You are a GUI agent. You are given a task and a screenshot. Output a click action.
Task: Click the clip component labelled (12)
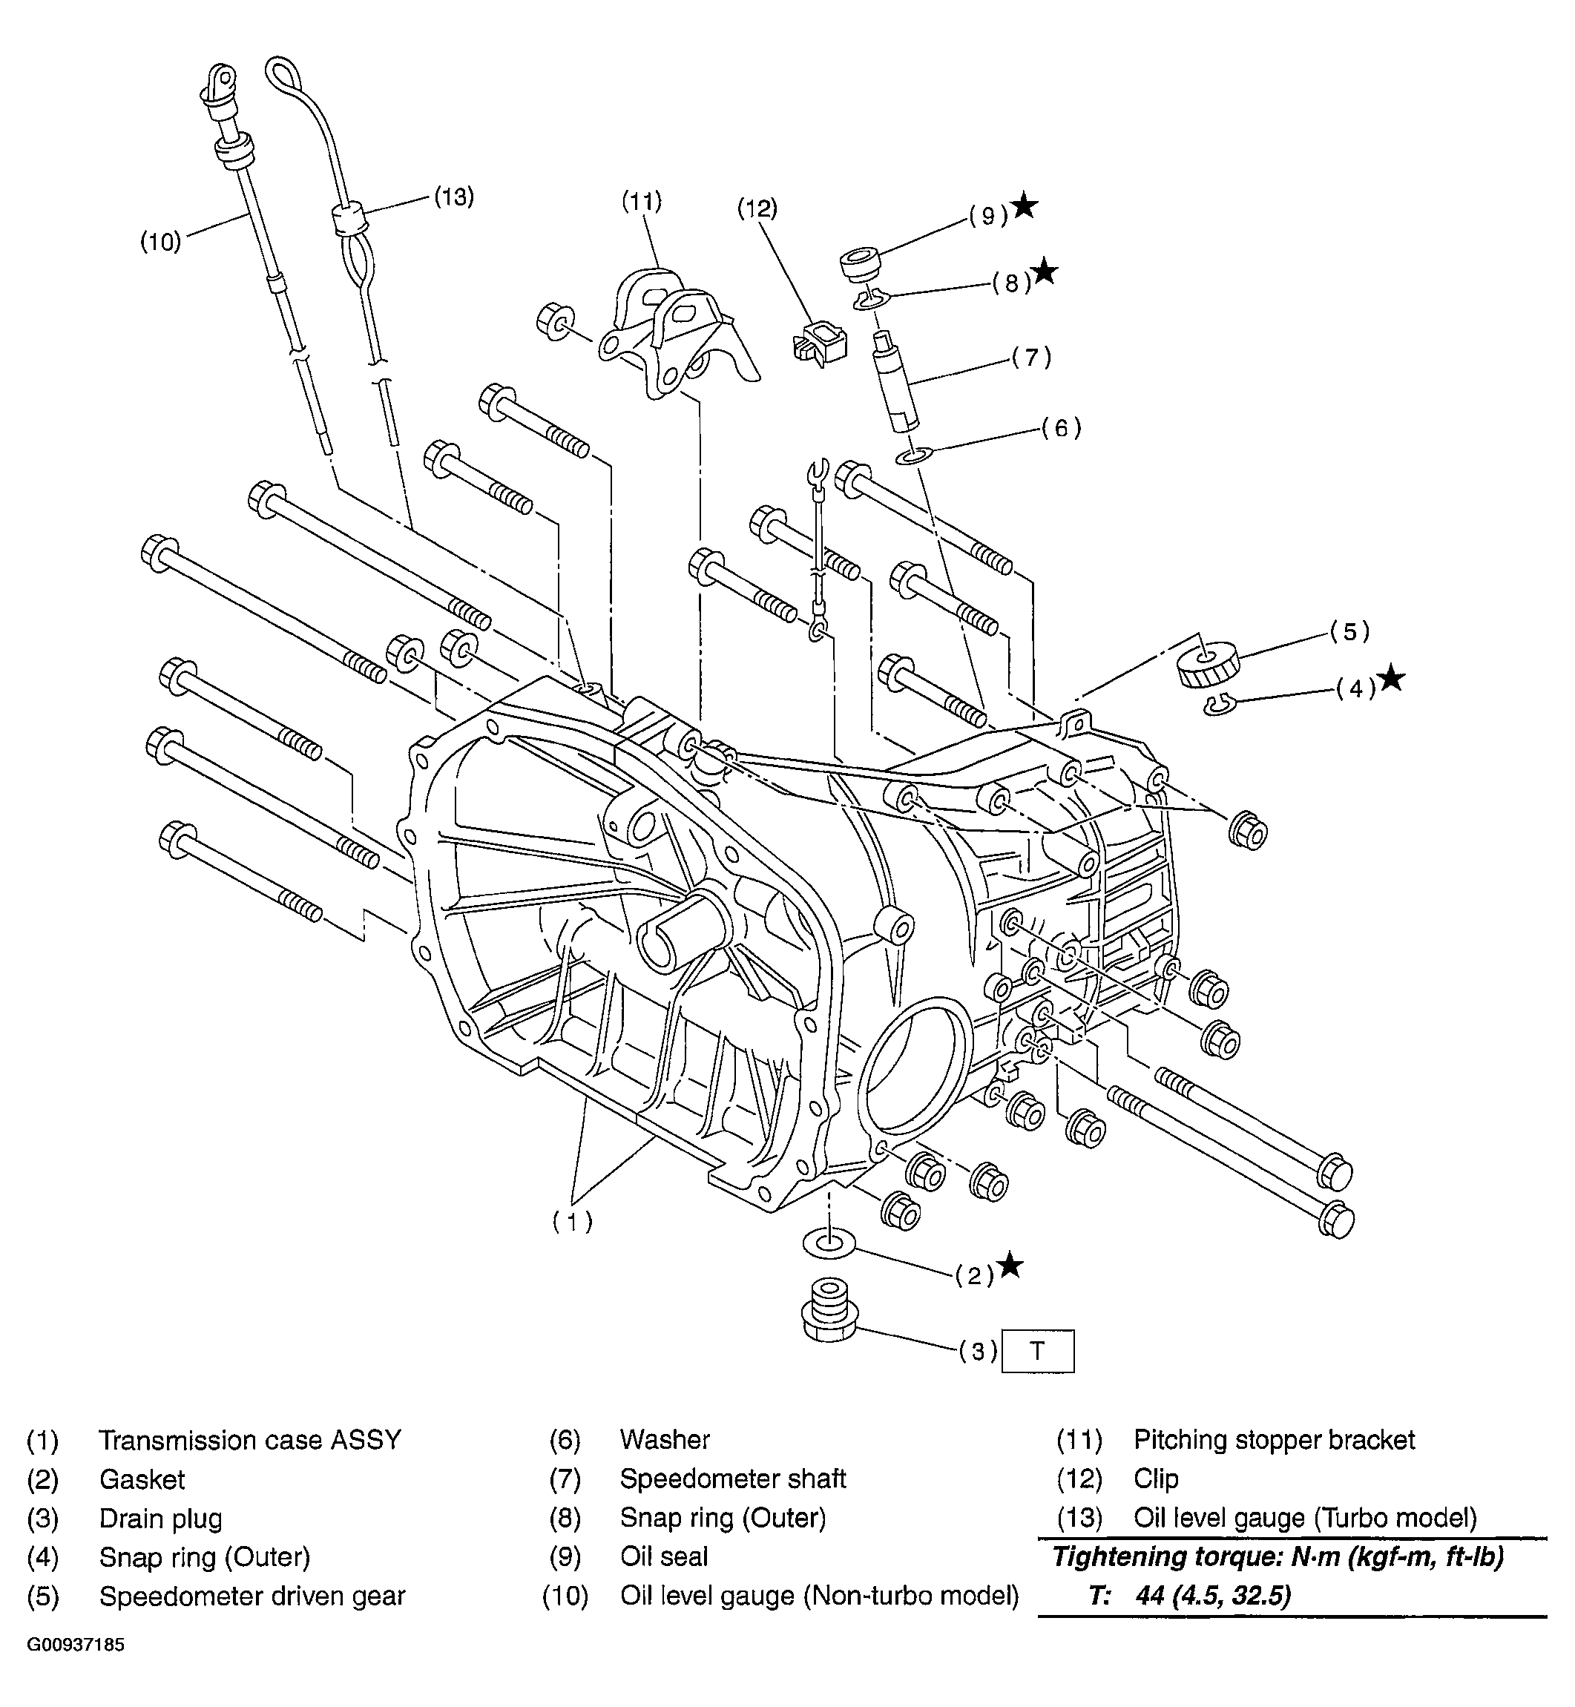(x=820, y=342)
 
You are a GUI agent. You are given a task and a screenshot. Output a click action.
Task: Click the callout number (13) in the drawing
(x=453, y=197)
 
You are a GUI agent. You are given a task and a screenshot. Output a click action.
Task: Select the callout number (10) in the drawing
(x=161, y=242)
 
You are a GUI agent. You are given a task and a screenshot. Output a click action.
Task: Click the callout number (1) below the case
(x=572, y=1221)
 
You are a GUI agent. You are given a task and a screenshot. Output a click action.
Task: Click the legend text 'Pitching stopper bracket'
(x=1274, y=1439)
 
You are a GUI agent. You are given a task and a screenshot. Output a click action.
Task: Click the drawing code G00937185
(x=76, y=1668)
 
